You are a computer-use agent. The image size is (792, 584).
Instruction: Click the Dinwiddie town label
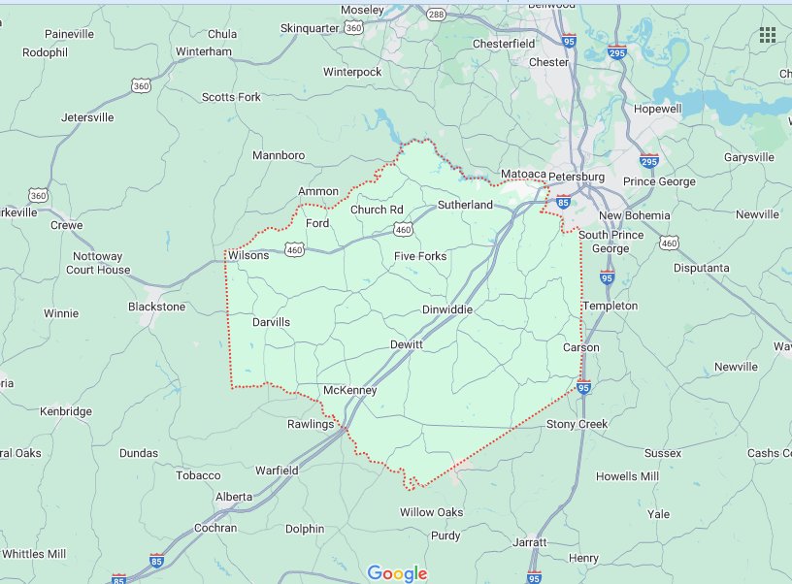click(x=447, y=309)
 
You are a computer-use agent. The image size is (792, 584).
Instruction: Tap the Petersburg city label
click(x=577, y=178)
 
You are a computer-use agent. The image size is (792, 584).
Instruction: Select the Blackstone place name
click(x=156, y=307)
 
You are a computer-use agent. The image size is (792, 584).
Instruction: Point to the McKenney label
click(x=349, y=390)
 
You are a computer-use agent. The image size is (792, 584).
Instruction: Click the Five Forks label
click(x=420, y=256)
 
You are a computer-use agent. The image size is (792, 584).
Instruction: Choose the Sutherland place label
click(x=465, y=205)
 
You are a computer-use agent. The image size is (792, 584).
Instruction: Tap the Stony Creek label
click(x=577, y=425)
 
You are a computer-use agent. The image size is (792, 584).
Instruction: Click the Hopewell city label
click(x=658, y=110)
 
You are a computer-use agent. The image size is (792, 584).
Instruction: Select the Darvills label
click(x=271, y=322)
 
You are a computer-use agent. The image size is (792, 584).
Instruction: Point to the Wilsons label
click(x=248, y=256)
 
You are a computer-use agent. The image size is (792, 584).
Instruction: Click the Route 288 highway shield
click(x=436, y=15)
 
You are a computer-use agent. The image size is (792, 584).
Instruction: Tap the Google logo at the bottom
click(x=397, y=573)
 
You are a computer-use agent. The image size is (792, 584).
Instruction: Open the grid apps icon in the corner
click(x=768, y=35)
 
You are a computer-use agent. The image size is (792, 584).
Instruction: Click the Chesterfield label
click(x=504, y=44)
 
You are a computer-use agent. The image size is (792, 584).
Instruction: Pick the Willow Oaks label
click(x=431, y=512)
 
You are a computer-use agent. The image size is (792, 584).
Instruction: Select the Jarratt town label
click(x=530, y=542)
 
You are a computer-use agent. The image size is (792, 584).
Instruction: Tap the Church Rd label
click(x=377, y=210)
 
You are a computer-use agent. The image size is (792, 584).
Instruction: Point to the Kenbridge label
click(x=65, y=411)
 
